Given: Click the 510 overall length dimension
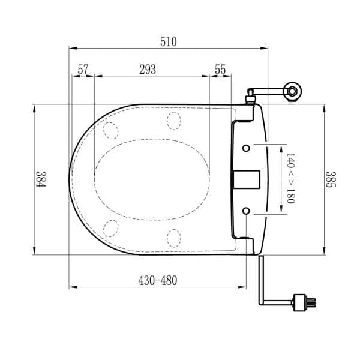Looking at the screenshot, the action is click(x=169, y=41).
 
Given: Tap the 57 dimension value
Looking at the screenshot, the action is click(x=83, y=70).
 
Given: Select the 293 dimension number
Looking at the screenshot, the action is click(x=148, y=70).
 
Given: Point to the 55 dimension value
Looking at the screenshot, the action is click(x=220, y=70).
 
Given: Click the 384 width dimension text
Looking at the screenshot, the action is click(x=41, y=179).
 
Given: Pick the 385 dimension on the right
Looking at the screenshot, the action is click(x=331, y=179).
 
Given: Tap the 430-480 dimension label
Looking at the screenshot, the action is click(x=158, y=280).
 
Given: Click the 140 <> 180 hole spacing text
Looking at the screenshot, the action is click(x=290, y=179).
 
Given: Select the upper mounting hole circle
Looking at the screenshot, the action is click(x=246, y=148).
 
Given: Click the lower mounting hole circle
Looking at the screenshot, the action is click(x=246, y=211).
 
